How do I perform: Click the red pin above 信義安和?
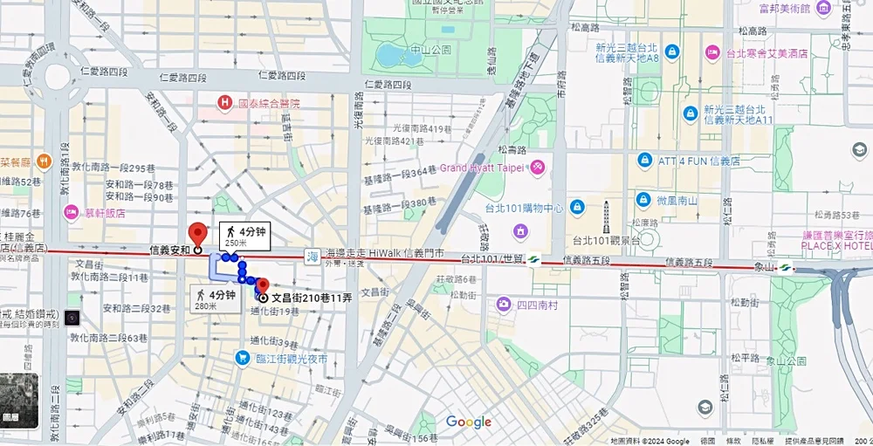(198, 234)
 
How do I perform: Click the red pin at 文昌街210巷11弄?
(263, 285)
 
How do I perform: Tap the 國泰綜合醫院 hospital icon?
(225, 103)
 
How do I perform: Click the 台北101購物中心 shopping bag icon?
(577, 207)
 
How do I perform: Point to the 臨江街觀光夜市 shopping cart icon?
(243, 358)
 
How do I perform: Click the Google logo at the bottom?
(469, 422)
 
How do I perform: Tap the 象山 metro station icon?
(785, 267)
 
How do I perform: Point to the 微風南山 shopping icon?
(643, 200)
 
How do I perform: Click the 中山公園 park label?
(432, 50)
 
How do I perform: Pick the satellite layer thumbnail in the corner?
(18, 401)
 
